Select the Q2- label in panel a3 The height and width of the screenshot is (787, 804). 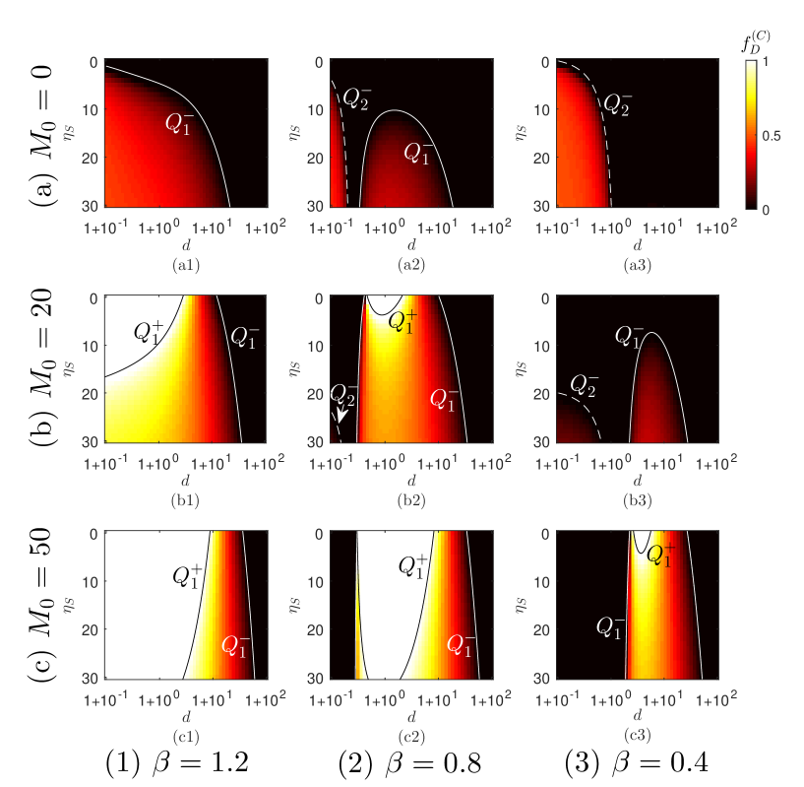[618, 100]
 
